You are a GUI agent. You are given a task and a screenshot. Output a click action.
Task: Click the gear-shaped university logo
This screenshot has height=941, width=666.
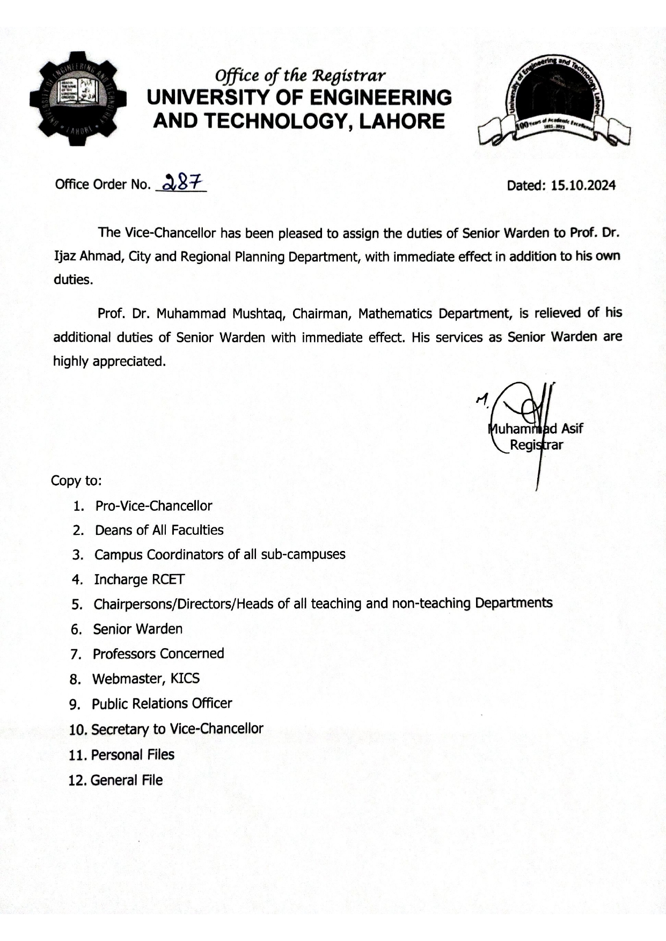[78, 99]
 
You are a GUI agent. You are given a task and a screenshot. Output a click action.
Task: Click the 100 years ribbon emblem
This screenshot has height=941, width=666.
[554, 102]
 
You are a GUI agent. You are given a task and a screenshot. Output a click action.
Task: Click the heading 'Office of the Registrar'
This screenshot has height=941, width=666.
[299, 76]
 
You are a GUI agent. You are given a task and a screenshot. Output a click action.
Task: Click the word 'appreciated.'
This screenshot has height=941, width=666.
[129, 361]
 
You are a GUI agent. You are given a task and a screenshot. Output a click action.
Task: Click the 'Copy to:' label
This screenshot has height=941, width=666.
[76, 481]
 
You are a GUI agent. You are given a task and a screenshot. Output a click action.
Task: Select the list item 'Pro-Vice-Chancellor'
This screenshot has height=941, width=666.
[153, 506]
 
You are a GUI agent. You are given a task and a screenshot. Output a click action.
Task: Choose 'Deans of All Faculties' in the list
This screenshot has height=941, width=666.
[159, 530]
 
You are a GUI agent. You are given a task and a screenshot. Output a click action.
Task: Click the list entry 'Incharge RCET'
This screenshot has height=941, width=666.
[139, 579]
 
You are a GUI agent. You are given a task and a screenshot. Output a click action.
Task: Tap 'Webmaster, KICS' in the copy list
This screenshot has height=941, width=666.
[145, 679]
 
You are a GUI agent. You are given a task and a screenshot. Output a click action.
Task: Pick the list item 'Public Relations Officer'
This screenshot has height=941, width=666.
[162, 703]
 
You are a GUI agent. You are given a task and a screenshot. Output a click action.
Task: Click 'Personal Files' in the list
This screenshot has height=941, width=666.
[133, 755]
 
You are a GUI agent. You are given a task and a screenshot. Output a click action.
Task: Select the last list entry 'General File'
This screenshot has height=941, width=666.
[126, 780]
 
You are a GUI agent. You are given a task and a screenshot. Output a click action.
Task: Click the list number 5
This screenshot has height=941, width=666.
[76, 605]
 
